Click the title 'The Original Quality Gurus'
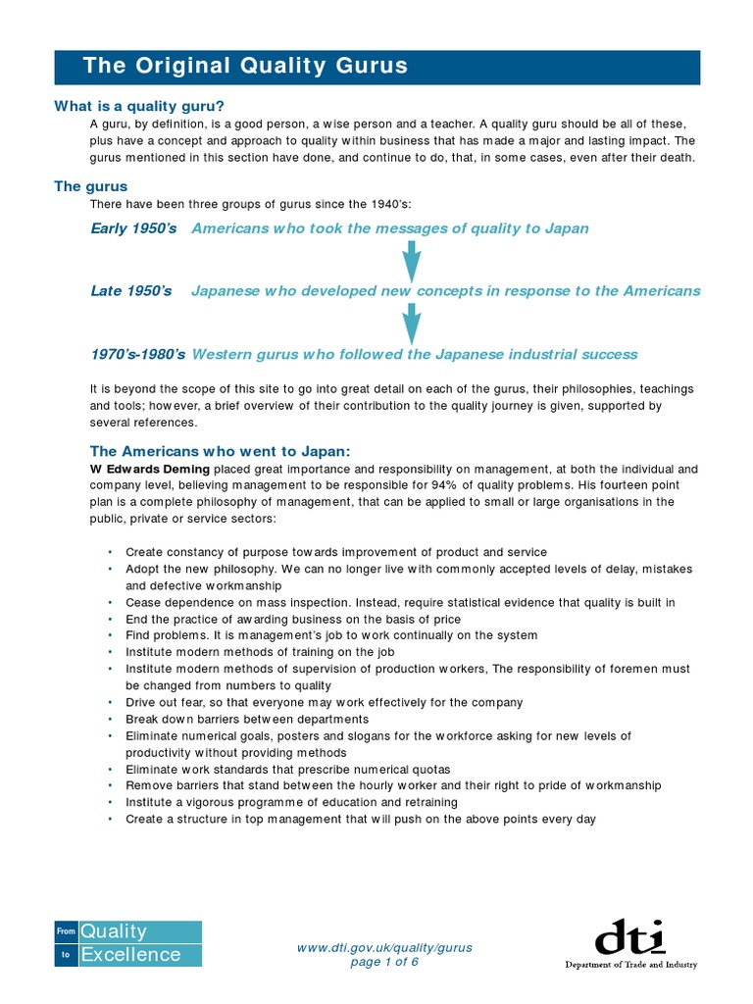coord(244,67)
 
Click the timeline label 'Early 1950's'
coord(133,228)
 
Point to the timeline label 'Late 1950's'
coord(130,291)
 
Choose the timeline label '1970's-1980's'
coord(137,354)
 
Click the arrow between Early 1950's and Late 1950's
coord(411,260)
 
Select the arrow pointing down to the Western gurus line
coord(411,323)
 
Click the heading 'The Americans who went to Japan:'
coord(220,450)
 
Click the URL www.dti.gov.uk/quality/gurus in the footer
coord(384,947)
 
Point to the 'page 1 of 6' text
coord(384,962)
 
